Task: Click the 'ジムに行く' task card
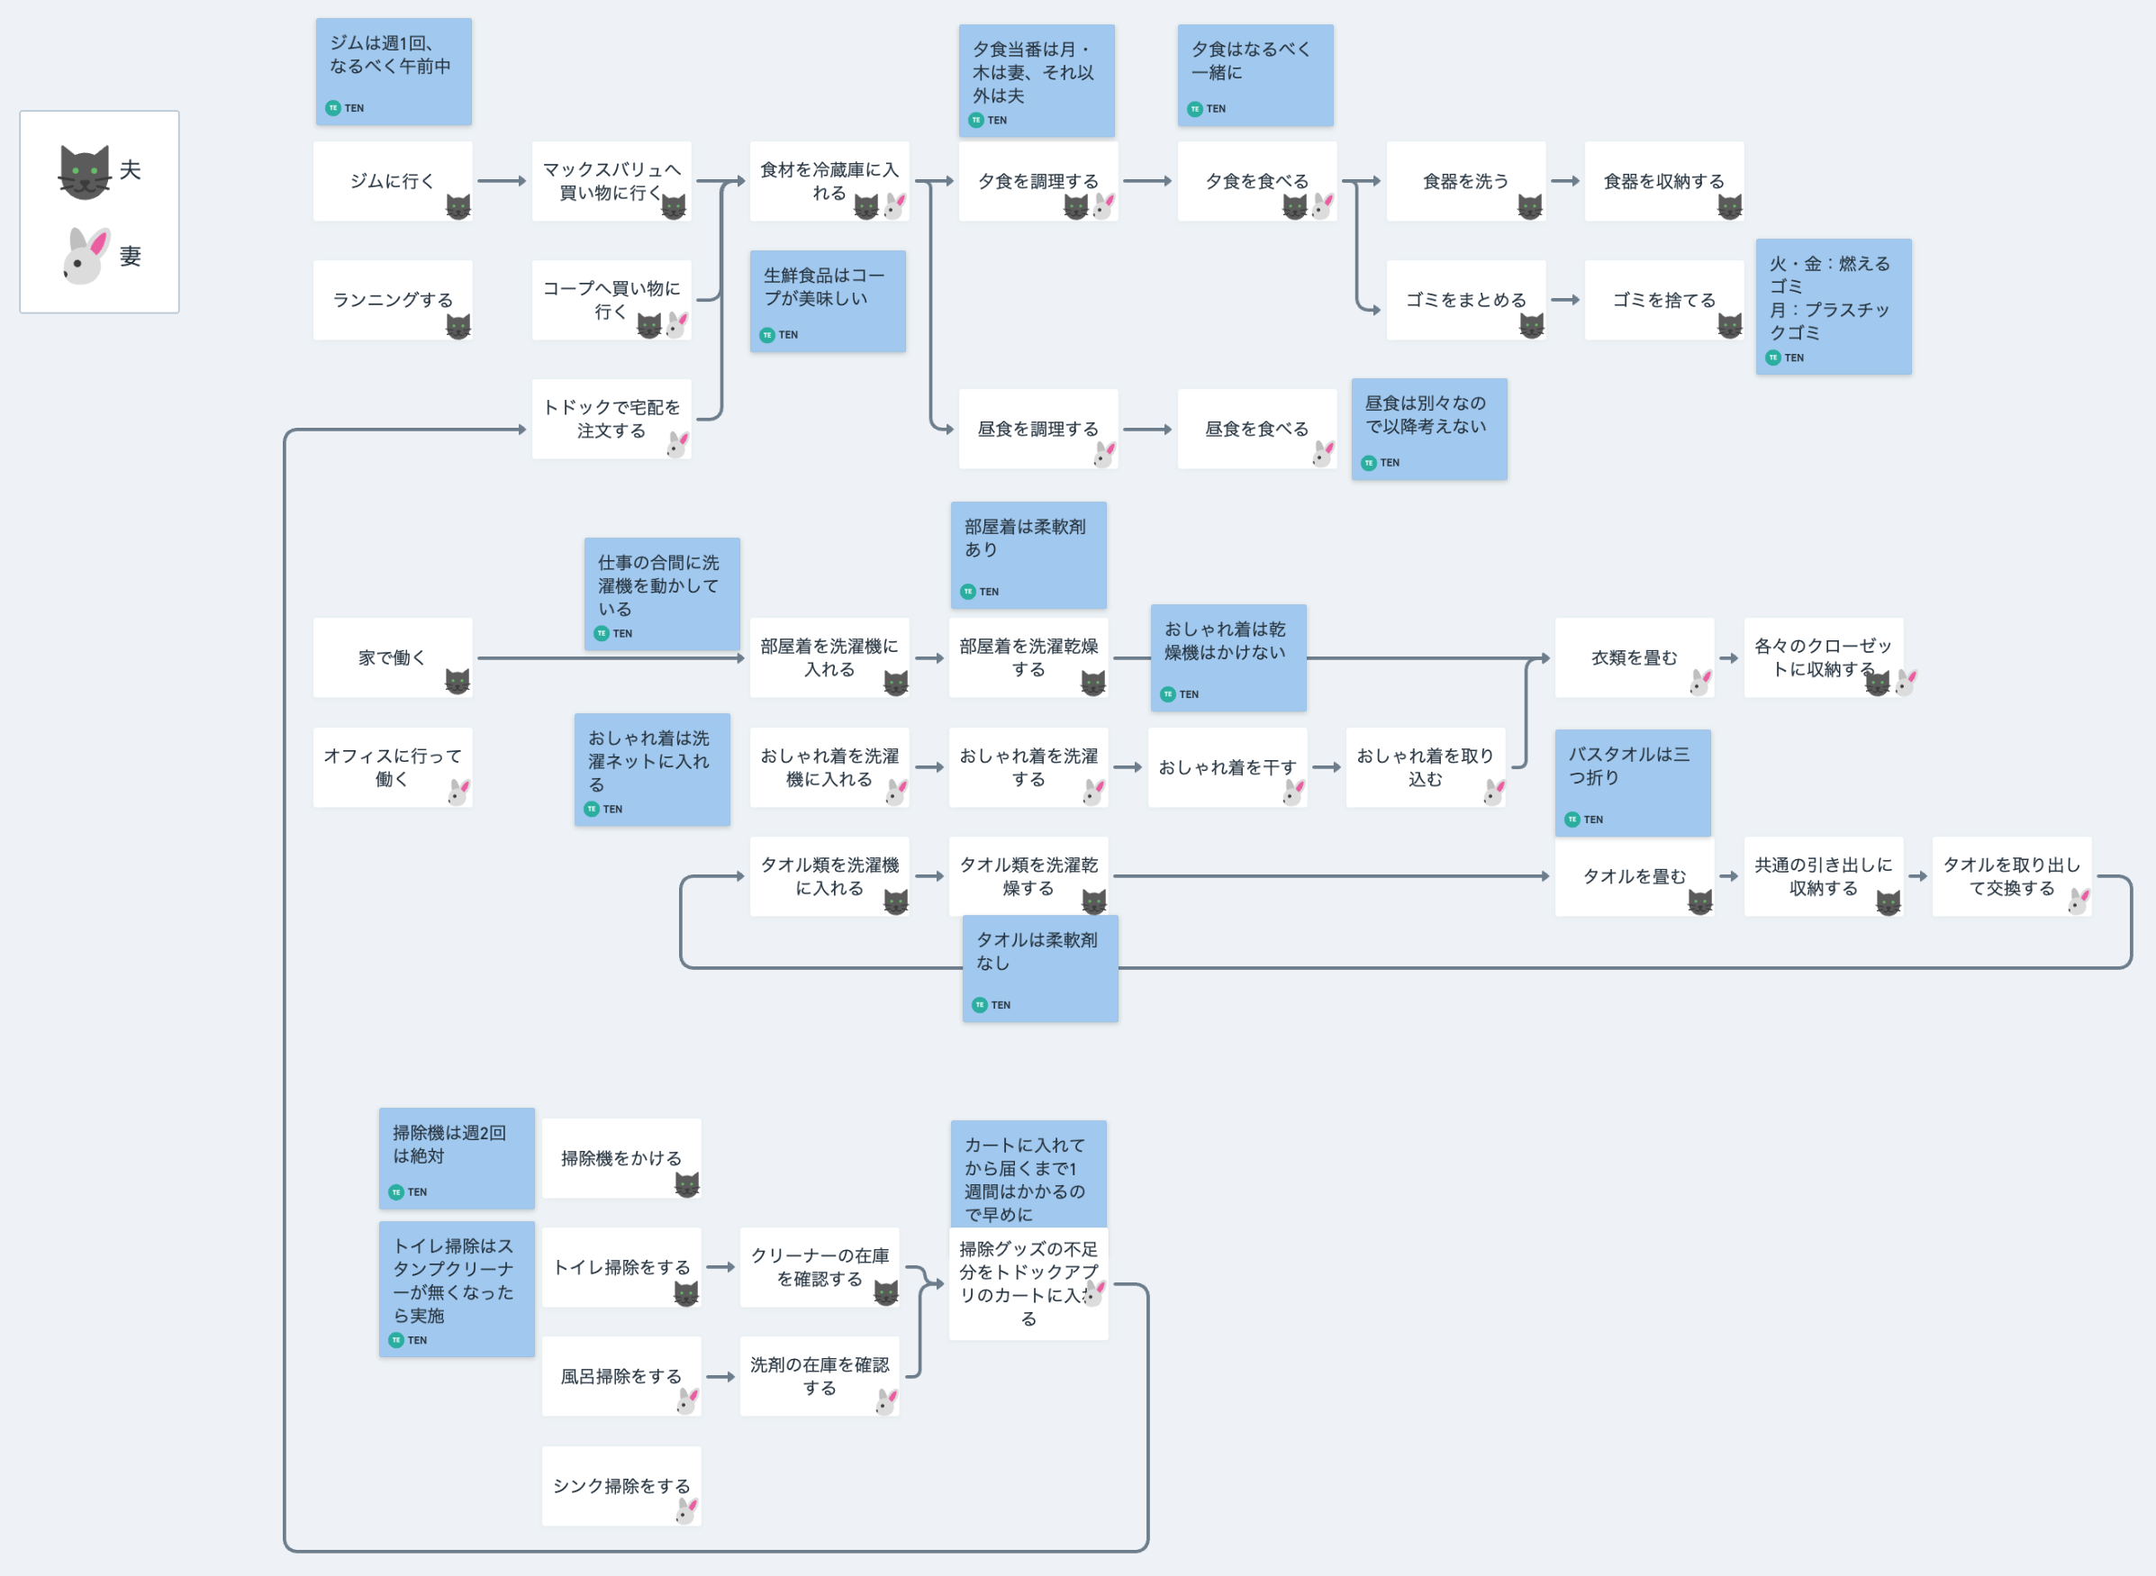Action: (391, 181)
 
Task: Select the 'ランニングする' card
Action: (391, 300)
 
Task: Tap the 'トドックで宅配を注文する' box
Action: (611, 419)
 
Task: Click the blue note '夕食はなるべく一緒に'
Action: (1255, 75)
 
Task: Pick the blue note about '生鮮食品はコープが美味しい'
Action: (827, 301)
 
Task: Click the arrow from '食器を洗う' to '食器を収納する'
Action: (1565, 181)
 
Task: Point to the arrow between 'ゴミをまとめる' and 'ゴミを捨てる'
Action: (1565, 300)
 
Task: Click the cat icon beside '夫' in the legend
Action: (84, 172)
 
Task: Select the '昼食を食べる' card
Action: (1256, 430)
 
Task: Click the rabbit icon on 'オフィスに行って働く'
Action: (459, 791)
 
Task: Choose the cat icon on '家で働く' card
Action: (457, 681)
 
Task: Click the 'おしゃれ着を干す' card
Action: (1227, 767)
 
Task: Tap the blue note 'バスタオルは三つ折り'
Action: (1632, 783)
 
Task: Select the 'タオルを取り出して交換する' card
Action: (2011, 875)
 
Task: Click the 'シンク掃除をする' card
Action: (621, 1485)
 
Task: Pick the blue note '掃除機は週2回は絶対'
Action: (456, 1157)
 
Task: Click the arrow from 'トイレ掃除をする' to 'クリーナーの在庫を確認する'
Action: (720, 1268)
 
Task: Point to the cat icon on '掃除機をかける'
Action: (687, 1185)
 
